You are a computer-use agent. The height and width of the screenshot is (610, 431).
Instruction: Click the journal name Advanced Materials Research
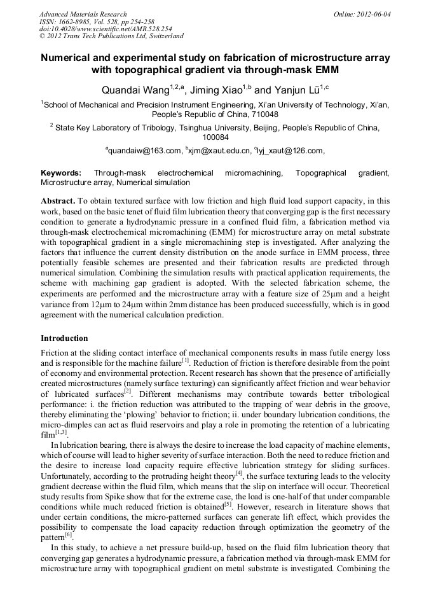(x=83, y=14)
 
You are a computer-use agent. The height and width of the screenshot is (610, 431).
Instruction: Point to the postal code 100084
(x=215, y=137)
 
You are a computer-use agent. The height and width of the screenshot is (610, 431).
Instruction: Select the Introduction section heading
(x=64, y=338)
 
